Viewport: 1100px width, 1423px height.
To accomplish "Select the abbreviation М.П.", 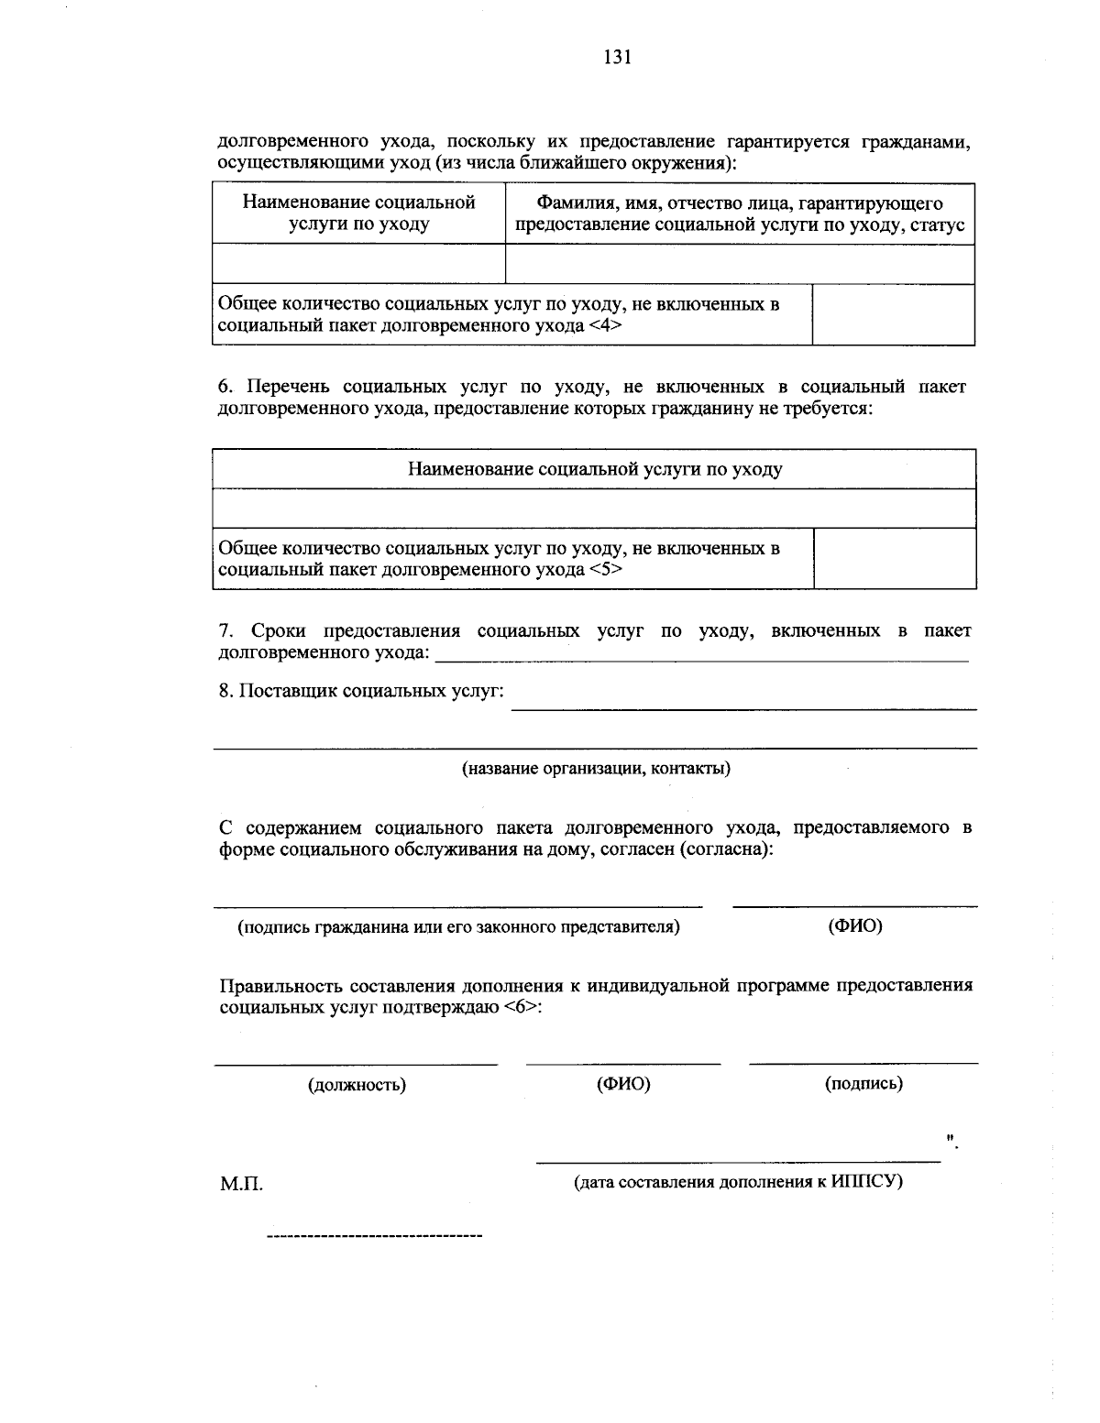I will pyautogui.click(x=241, y=1184).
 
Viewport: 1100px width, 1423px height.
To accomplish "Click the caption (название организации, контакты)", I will pyautogui.click(x=596, y=768).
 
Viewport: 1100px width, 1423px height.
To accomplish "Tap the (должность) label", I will pyautogui.click(x=357, y=1085).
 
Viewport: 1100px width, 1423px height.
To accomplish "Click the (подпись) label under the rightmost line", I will pyautogui.click(x=863, y=1083).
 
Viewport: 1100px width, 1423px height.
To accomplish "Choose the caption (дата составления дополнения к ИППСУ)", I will pyautogui.click(x=738, y=1181).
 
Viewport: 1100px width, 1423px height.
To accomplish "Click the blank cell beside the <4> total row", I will pyautogui.click(x=893, y=314).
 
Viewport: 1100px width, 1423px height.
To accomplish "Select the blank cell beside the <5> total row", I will pyautogui.click(x=895, y=558).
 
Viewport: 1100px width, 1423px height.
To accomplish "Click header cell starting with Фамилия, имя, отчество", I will pyautogui.click(x=740, y=213).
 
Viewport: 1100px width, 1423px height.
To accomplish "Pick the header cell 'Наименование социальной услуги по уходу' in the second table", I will pyautogui.click(x=595, y=469).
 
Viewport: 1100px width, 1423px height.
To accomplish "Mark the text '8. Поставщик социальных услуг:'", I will pyautogui.click(x=361, y=691).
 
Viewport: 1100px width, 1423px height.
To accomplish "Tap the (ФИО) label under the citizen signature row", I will pyautogui.click(x=854, y=925).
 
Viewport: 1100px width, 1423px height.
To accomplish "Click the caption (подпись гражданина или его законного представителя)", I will pyautogui.click(x=458, y=926).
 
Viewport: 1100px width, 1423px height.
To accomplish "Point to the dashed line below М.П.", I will pyautogui.click(x=374, y=1238).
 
